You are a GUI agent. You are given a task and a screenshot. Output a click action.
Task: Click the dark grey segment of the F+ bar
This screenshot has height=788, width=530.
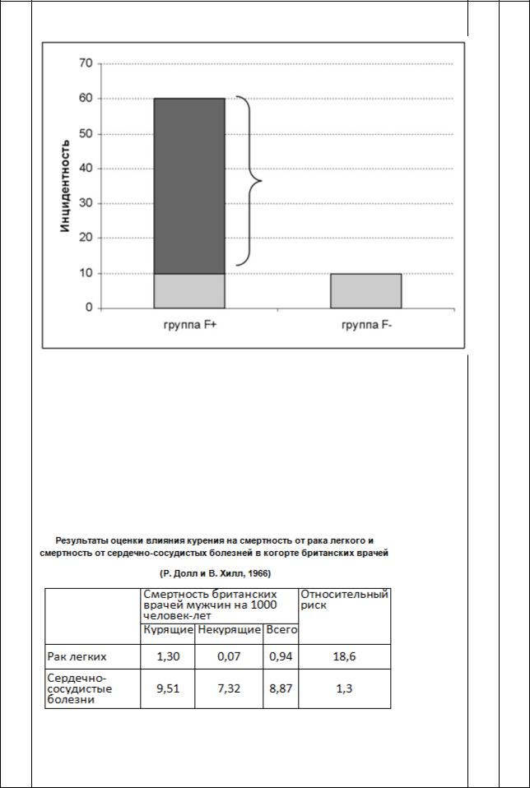pos(189,185)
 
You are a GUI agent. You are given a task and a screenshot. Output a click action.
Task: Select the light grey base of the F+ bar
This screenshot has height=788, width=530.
pos(189,290)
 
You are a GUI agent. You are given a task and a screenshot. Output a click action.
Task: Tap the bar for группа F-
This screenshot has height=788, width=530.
pos(365,290)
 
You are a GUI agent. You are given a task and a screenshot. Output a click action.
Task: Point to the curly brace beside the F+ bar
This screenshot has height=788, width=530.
pos(250,181)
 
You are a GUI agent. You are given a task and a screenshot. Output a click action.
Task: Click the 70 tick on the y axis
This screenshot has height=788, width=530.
pos(85,63)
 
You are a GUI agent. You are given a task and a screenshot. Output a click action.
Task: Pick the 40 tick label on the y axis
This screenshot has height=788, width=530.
pos(85,169)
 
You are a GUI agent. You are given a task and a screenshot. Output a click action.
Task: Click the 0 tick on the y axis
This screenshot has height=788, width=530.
pos(88,308)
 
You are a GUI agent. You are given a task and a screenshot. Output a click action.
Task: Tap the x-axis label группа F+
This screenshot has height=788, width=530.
pos(189,325)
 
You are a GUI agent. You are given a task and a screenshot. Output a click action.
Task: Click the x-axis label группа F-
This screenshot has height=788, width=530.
pos(365,325)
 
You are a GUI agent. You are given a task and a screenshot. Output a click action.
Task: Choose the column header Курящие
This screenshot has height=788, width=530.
pos(168,630)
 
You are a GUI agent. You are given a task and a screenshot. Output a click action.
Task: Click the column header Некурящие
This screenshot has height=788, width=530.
pos(229,630)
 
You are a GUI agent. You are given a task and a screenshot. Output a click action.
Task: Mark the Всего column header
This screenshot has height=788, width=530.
pos(281,630)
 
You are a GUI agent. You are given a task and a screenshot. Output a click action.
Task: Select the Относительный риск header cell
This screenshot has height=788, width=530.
pos(344,599)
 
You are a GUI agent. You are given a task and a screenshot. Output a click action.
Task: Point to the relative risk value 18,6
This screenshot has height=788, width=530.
pos(344,656)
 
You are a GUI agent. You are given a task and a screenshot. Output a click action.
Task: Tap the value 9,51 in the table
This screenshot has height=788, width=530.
pos(168,688)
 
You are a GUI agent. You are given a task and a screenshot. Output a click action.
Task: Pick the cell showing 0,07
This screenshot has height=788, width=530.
pos(229,656)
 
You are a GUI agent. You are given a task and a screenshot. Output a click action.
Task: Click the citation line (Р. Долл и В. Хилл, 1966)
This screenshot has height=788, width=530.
pos(214,572)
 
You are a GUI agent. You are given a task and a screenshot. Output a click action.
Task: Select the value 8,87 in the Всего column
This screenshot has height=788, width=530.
pos(281,688)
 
